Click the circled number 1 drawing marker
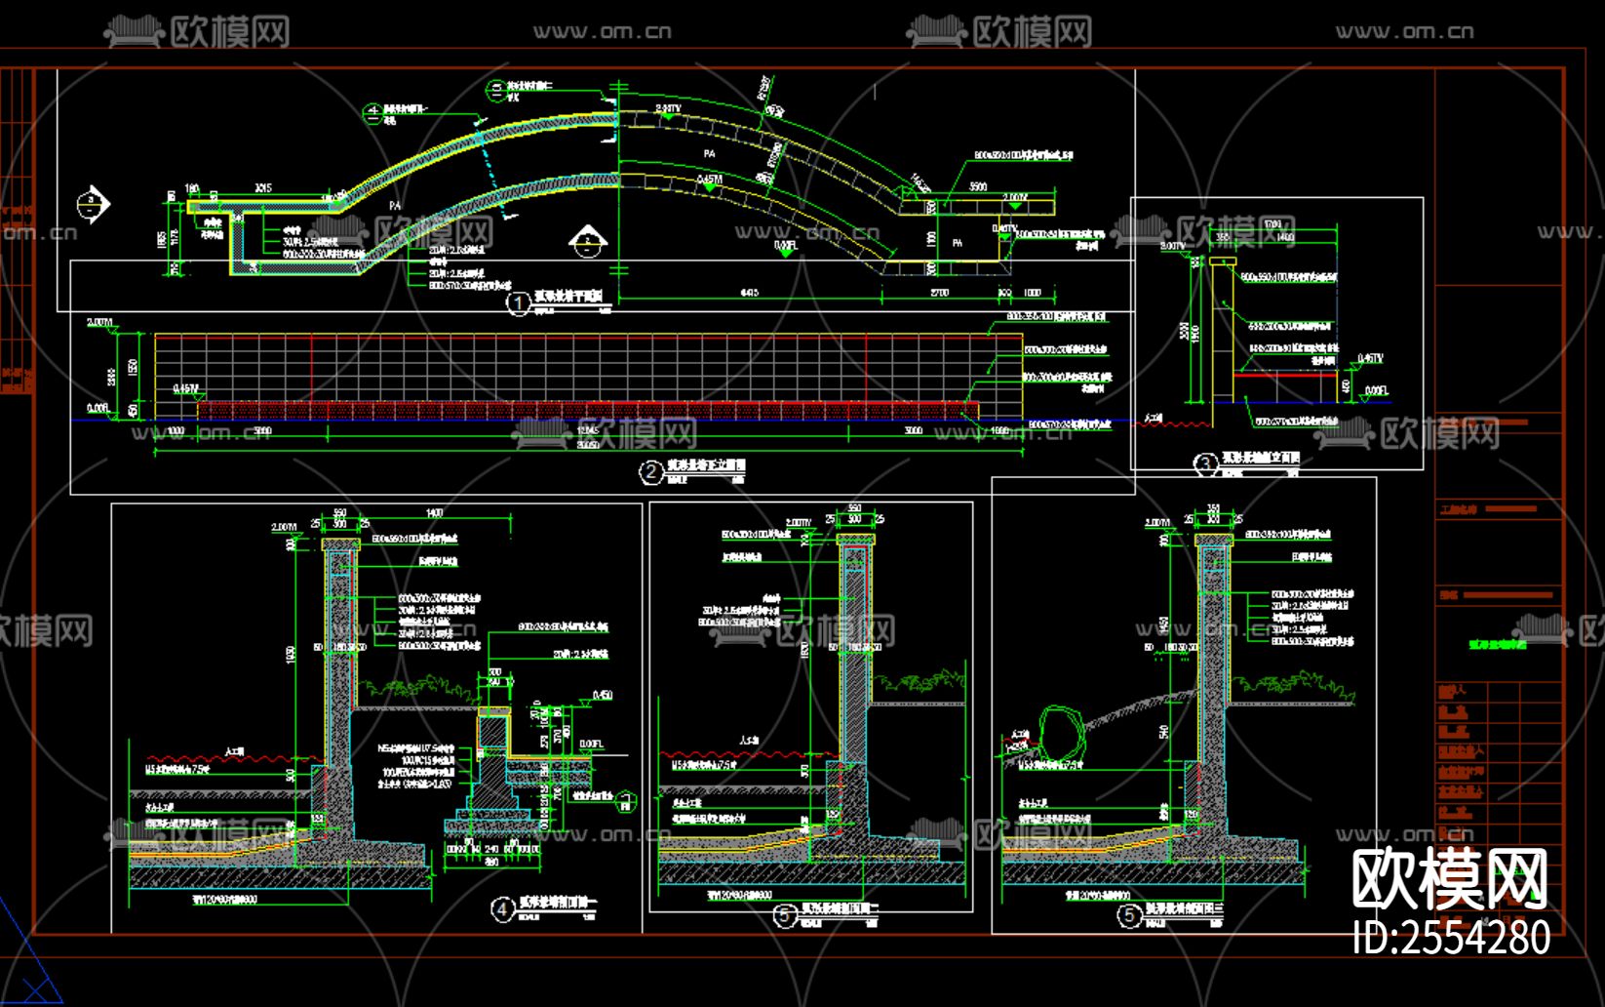[518, 303]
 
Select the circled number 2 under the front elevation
[650, 472]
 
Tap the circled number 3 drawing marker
[1206, 464]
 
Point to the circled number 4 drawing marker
[501, 910]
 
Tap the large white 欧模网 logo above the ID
[1449, 879]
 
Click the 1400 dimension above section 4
[434, 513]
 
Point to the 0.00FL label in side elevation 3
[1376, 391]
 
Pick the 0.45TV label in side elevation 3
[1370, 359]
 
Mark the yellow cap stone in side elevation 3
[1223, 261]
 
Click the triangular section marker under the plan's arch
[588, 240]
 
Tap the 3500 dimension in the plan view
[977, 187]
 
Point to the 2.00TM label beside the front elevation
[99, 322]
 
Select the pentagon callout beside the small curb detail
[626, 802]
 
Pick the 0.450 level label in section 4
[602, 695]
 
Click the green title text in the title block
[1498, 644]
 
